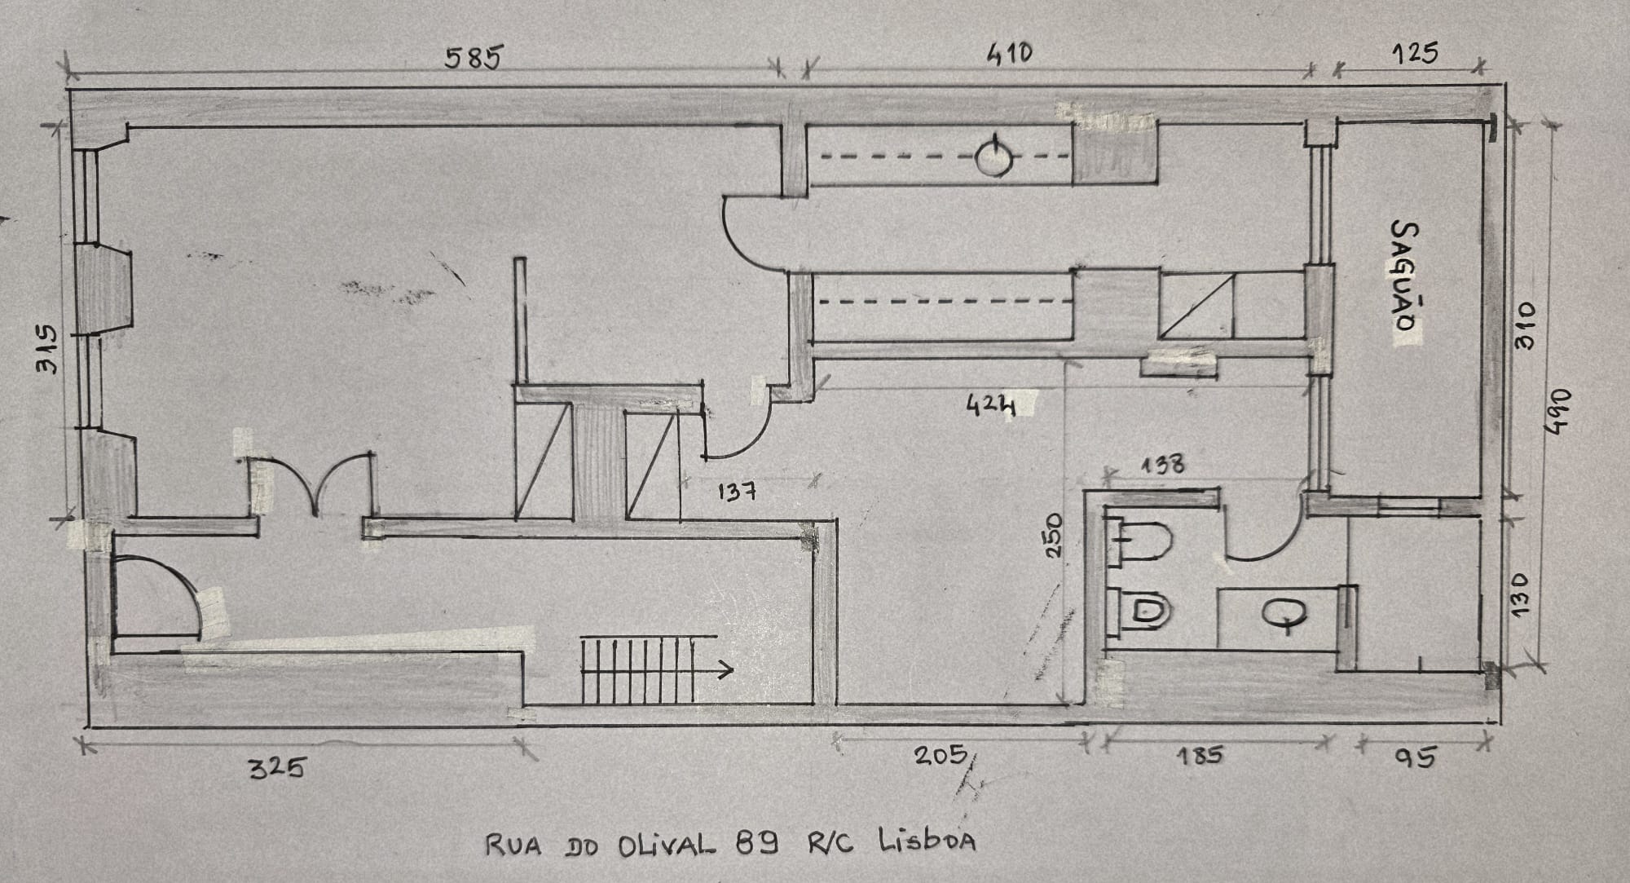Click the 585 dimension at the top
(472, 58)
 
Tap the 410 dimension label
(1009, 54)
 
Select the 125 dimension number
(1415, 54)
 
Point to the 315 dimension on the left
(46, 350)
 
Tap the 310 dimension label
(1524, 325)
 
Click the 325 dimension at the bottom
(276, 767)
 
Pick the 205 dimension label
(940, 754)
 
